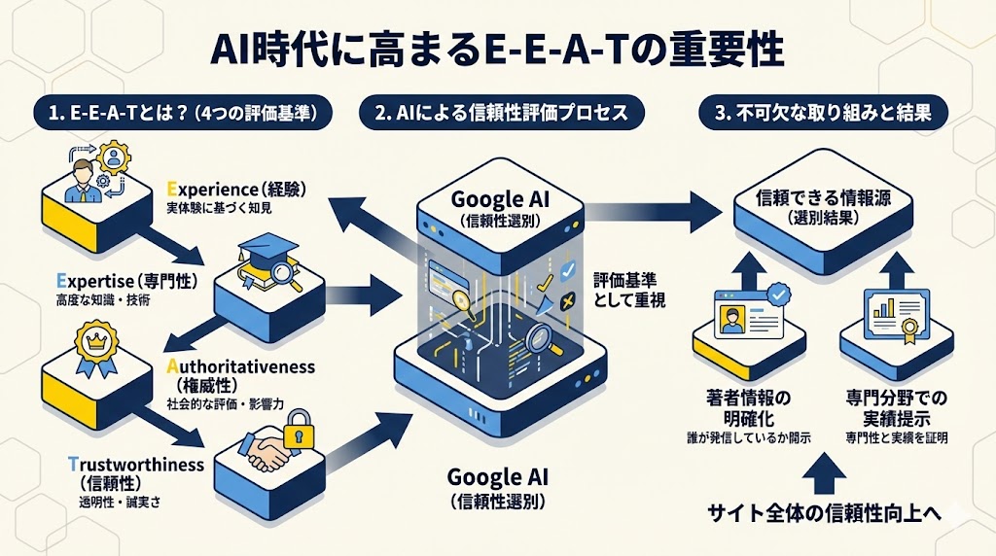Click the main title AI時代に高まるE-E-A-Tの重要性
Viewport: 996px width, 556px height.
(x=497, y=51)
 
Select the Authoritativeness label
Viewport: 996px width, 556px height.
(x=240, y=366)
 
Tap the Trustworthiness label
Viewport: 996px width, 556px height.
(x=136, y=465)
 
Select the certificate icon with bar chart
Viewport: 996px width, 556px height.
(x=889, y=313)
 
